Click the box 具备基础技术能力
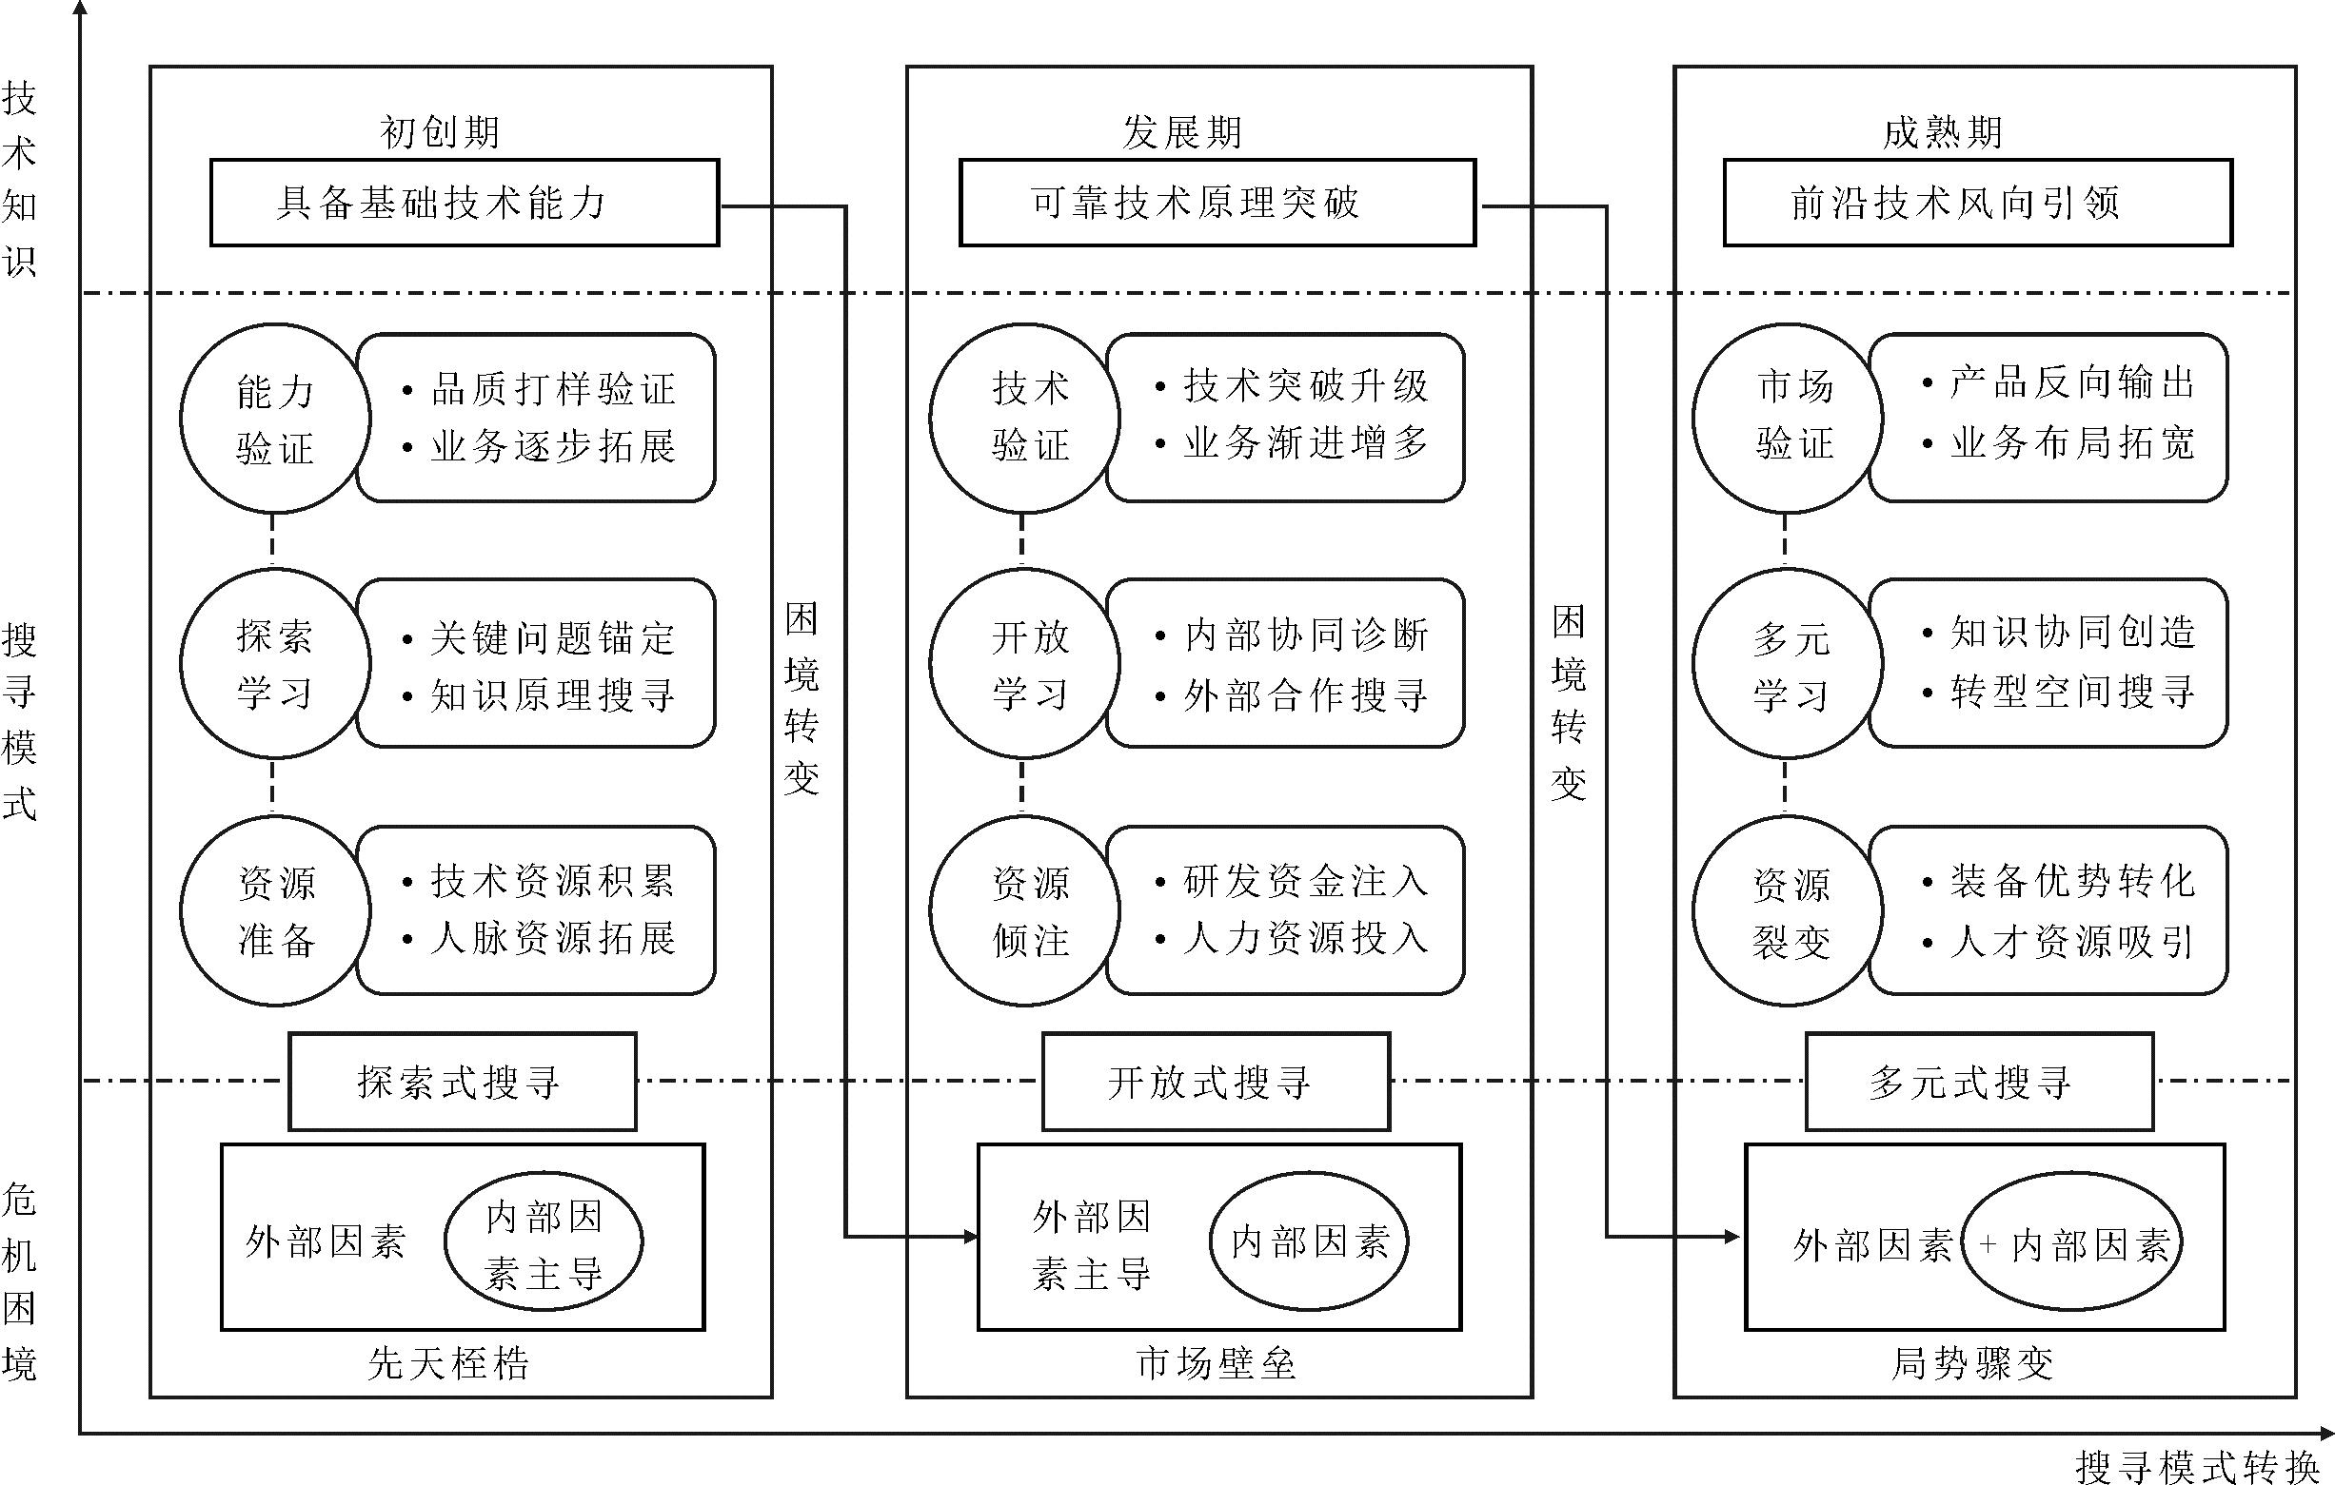coord(465,203)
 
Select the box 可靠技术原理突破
coord(1217,203)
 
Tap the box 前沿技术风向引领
coord(1977,203)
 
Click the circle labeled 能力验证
coord(275,419)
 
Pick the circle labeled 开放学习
coord(1025,664)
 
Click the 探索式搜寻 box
coord(463,1082)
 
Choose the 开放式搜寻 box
coord(1216,1082)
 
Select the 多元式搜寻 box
coord(1979,1082)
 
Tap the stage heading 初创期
coord(439,132)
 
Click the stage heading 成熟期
coord(1942,132)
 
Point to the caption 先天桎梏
coord(449,1364)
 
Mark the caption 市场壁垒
coord(1216,1364)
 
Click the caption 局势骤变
coord(1972,1364)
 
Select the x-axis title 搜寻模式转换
coord(2197,1467)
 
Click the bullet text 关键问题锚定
coord(552,637)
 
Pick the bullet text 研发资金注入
coord(1305,881)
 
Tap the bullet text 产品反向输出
coord(2071,382)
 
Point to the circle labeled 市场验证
coord(1787,419)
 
